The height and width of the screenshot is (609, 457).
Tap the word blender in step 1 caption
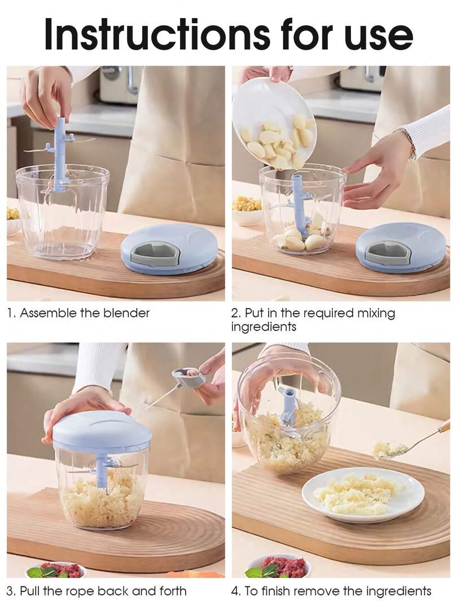tap(125, 313)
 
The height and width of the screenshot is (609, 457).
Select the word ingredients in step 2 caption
tap(263, 327)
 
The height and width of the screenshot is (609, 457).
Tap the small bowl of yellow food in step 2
tap(247, 209)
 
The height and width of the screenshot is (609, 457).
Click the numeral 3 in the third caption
tap(10, 591)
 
